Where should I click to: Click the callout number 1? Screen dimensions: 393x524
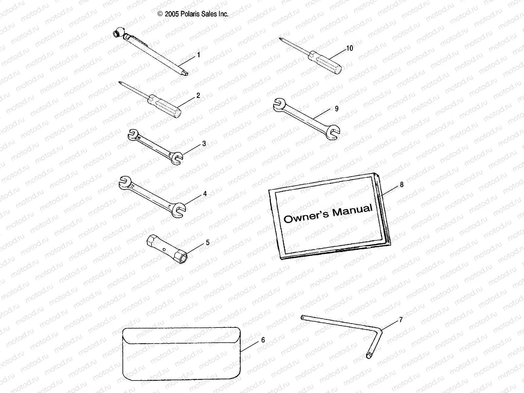[x=198, y=55]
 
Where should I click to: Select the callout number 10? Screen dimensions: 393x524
[x=349, y=48]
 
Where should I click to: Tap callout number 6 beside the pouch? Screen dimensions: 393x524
[x=263, y=340]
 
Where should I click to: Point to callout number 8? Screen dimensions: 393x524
[x=402, y=185]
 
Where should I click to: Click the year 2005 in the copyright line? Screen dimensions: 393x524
[x=172, y=14]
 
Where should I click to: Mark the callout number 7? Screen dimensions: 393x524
[x=401, y=320]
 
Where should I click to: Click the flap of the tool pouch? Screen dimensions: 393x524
[x=181, y=335]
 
